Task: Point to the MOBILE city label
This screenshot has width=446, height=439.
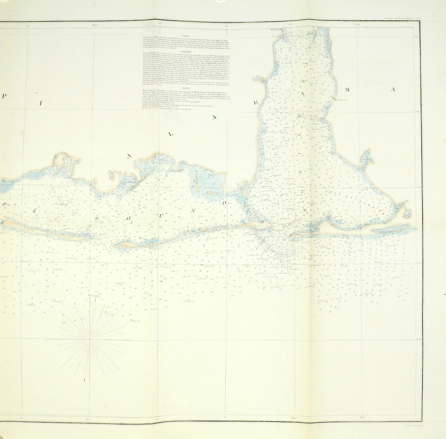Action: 275,30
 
